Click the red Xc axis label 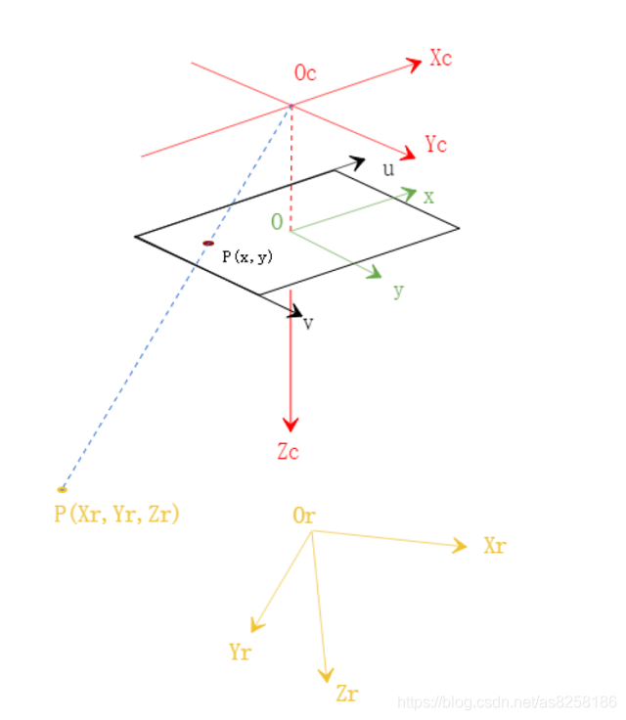click(440, 59)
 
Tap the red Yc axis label click(435, 145)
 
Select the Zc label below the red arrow click(289, 452)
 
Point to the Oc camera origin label click(305, 73)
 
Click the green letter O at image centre click(277, 222)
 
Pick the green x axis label click(428, 197)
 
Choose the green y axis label click(398, 291)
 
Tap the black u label click(388, 169)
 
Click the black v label click(308, 323)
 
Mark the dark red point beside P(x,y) click(208, 243)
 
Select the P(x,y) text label click(246, 256)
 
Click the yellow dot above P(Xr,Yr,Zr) click(63, 488)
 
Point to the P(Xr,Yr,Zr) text click(116, 514)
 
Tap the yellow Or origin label click(303, 516)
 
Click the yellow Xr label click(494, 546)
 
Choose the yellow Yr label click(240, 652)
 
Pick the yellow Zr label click(346, 695)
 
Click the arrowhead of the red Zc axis click(290, 425)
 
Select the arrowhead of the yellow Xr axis click(461, 547)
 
